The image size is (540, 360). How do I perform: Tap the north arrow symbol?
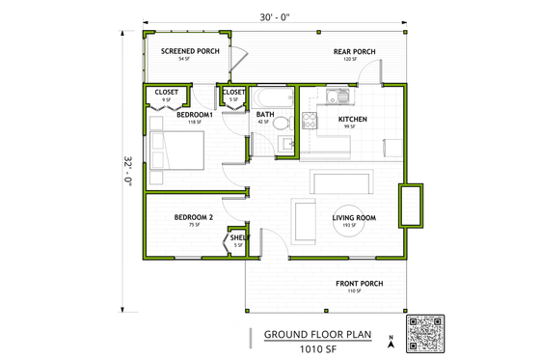391,340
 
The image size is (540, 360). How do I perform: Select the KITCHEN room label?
352,120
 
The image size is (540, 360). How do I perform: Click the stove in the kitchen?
310,121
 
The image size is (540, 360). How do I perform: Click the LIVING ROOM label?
354,218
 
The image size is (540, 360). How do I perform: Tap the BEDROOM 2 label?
194,218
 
